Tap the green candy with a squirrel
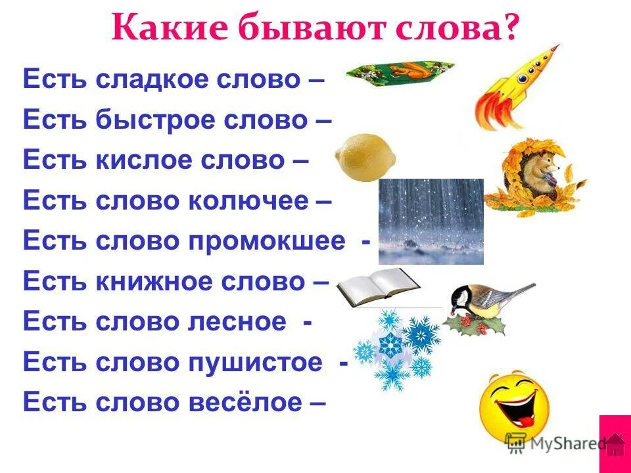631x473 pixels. coord(398,74)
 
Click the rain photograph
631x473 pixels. coord(431,221)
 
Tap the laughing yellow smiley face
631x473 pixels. coord(514,405)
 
